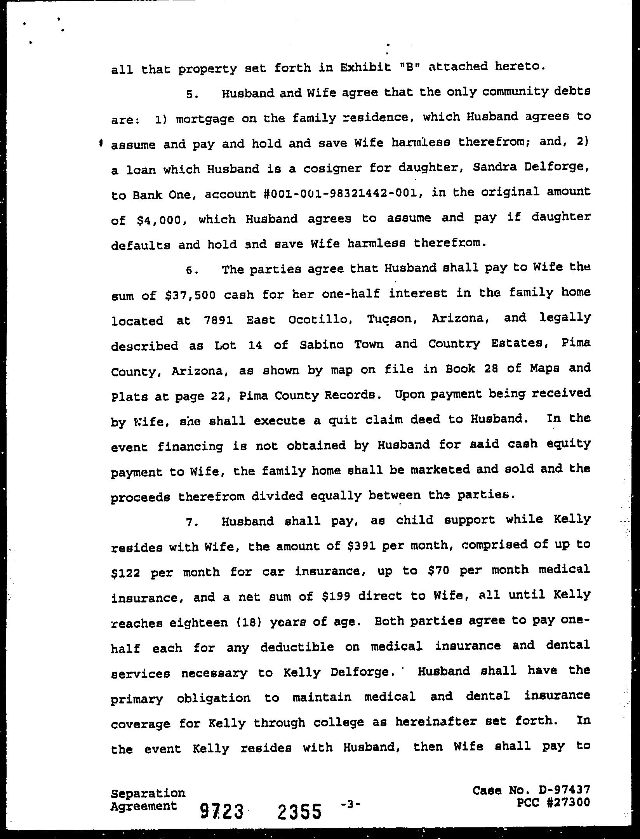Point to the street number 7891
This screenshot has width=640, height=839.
tap(217, 320)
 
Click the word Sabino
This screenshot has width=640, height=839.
tap(322, 345)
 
